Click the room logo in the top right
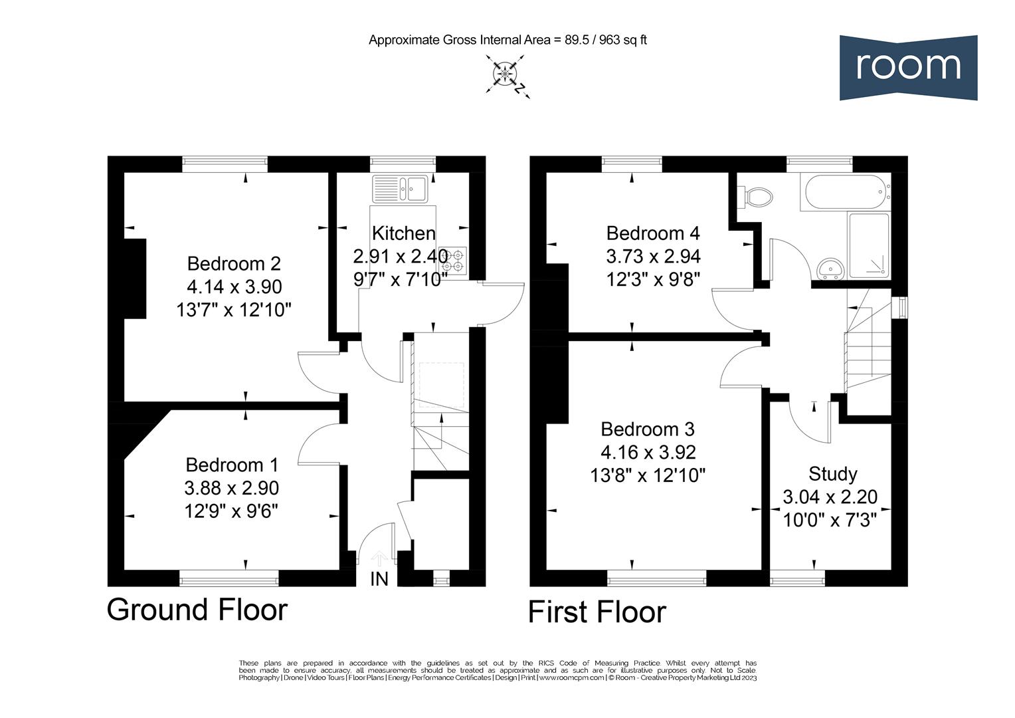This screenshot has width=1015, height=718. coord(908,67)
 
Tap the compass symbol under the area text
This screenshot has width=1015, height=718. coord(506,74)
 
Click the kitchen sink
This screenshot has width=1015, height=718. coord(401,187)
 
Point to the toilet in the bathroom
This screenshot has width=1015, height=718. coord(758,196)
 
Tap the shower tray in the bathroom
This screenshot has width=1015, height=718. coord(869,246)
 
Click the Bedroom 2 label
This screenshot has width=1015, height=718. coord(234,263)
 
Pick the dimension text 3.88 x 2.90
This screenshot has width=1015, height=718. coord(231,488)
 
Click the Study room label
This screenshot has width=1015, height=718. coord(832,474)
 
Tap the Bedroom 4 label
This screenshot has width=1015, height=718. coord(652,233)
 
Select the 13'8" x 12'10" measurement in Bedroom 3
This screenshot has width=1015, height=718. coord(648,475)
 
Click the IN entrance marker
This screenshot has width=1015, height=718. coord(379,579)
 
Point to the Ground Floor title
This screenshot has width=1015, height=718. coord(197,609)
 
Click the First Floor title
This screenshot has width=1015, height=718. coord(597,612)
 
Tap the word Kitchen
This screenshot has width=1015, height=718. coord(403,233)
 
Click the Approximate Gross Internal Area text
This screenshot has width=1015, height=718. coord(507,40)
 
